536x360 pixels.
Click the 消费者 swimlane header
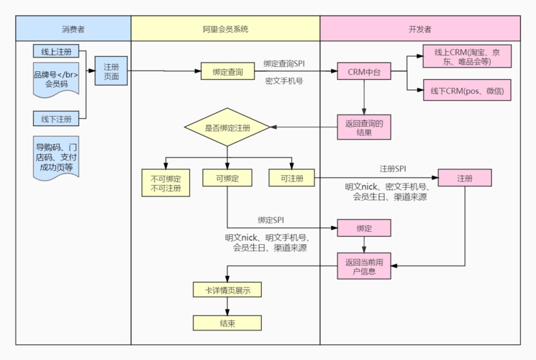[x=73, y=30]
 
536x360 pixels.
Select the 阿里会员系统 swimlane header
[x=225, y=30]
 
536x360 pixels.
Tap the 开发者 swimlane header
[x=419, y=30]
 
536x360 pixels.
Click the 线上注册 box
[x=56, y=53]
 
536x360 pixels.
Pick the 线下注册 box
[x=56, y=118]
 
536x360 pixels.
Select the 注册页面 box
[x=112, y=71]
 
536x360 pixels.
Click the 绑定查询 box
[x=227, y=72]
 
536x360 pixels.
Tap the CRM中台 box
[x=364, y=72]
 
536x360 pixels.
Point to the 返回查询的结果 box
[x=364, y=128]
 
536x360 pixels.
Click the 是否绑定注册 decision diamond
[x=227, y=128]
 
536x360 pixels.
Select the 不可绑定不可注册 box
[x=165, y=184]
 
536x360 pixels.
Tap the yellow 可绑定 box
[x=227, y=178]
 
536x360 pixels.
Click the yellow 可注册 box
[x=291, y=178]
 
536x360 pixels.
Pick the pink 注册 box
[x=465, y=178]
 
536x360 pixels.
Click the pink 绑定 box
[x=364, y=228]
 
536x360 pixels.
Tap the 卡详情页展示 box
[x=227, y=290]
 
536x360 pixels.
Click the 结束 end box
[x=227, y=323]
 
